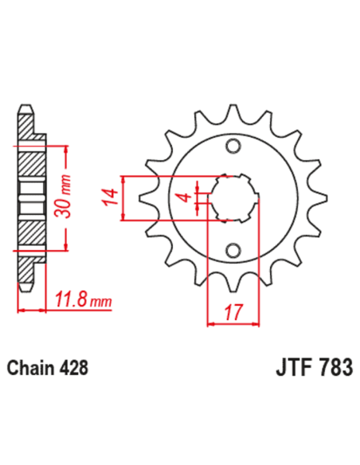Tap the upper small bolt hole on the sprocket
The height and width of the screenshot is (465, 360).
point(233,146)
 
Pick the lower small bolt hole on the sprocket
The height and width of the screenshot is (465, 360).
point(233,251)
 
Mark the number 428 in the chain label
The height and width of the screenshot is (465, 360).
point(71,369)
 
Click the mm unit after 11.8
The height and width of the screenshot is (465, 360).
point(100,303)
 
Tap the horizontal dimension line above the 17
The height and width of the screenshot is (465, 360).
point(233,324)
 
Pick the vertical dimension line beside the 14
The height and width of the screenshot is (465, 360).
point(123,197)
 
